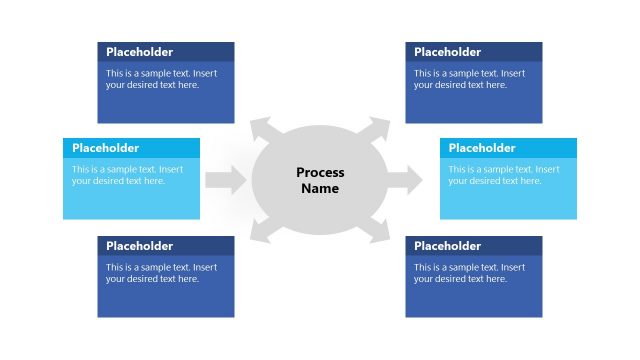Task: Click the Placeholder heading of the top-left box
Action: (139, 52)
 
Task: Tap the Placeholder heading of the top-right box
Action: (447, 52)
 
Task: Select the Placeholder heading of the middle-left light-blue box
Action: (105, 148)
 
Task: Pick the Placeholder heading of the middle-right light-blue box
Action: (482, 148)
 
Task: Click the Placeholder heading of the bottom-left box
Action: (139, 246)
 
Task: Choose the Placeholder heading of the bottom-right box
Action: (447, 246)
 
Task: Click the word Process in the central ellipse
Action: (320, 173)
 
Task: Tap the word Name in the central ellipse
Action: (320, 189)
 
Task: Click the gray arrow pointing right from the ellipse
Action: (404, 180)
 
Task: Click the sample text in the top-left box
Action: (161, 79)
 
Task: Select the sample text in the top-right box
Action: (469, 79)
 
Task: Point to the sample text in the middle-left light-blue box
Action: (127, 175)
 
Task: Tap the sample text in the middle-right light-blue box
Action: (504, 175)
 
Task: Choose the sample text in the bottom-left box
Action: (161, 273)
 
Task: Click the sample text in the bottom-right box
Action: (469, 273)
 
